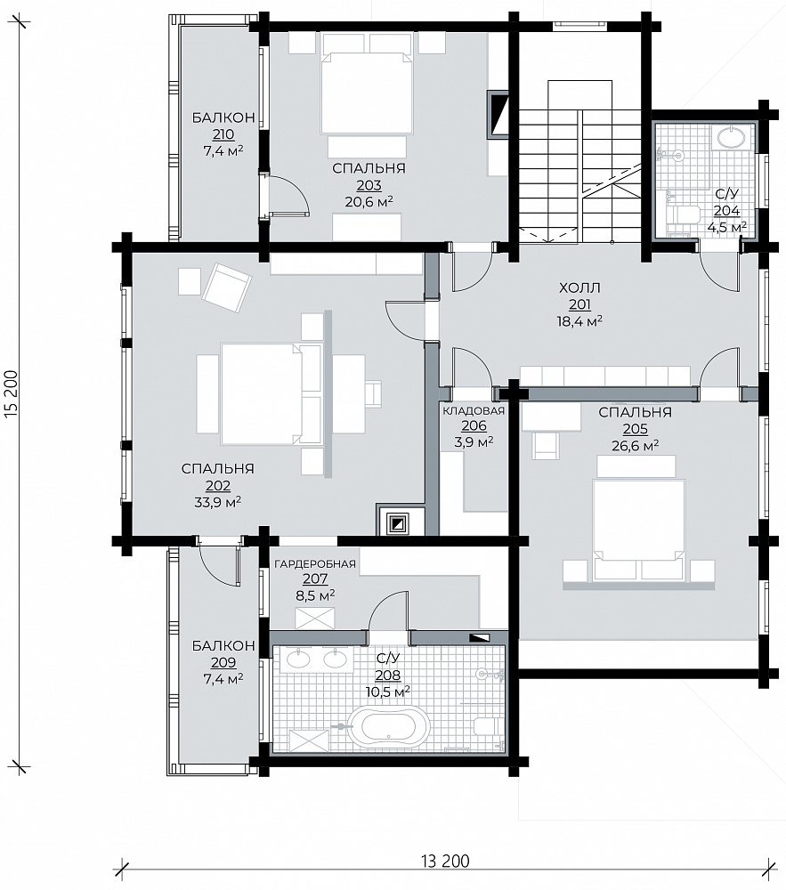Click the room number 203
(369, 185)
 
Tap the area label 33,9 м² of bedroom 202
(218, 502)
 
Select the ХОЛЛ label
(579, 287)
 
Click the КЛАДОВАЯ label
(474, 411)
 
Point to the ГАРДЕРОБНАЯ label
(315, 564)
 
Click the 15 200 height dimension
(12, 394)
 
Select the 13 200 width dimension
(445, 861)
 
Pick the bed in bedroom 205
(638, 530)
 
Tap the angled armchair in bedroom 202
(226, 287)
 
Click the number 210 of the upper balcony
(223, 134)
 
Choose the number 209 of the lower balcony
(223, 662)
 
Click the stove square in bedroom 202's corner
(398, 522)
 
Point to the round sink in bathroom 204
(732, 138)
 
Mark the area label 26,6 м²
(635, 446)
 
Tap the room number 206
(474, 425)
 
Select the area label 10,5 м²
(387, 692)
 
